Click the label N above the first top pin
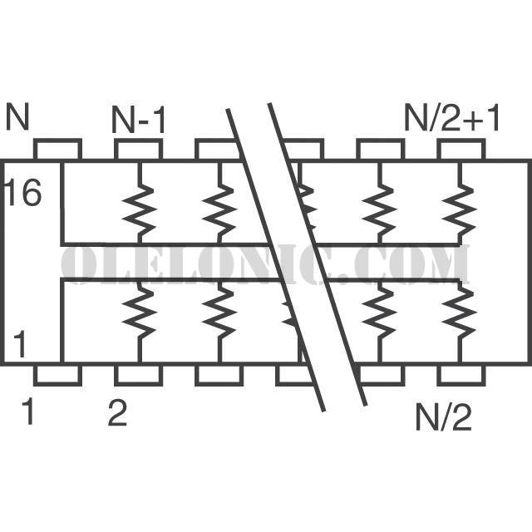click(x=17, y=116)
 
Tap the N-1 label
click(x=139, y=120)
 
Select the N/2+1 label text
click(x=451, y=118)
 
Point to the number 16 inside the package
click(x=24, y=192)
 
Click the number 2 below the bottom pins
click(x=117, y=412)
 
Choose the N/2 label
click(x=443, y=417)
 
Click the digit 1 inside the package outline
click(x=20, y=344)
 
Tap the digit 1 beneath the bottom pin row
click(x=27, y=411)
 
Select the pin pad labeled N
click(x=57, y=149)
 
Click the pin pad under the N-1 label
click(x=139, y=149)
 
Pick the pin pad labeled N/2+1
click(x=461, y=149)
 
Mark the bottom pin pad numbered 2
click(x=139, y=375)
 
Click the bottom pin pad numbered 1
click(x=57, y=375)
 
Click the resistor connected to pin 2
click(x=140, y=311)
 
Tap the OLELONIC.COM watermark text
click(x=266, y=264)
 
